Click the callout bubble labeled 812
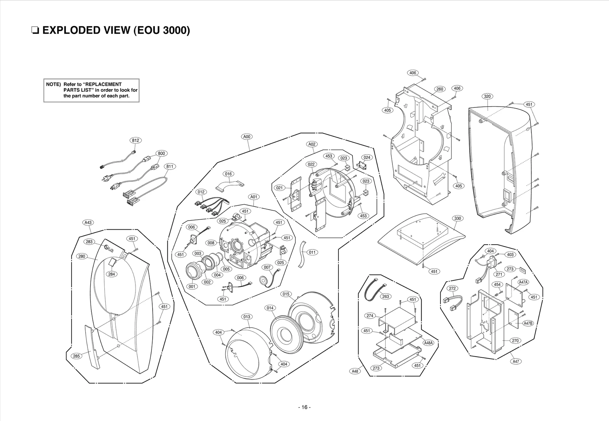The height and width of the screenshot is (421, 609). pyautogui.click(x=135, y=140)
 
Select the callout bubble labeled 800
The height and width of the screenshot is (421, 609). pyautogui.click(x=161, y=154)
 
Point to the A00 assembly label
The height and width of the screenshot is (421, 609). pyautogui.click(x=247, y=136)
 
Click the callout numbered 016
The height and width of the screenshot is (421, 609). pyautogui.click(x=228, y=174)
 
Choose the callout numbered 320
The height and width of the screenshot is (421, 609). pyautogui.click(x=487, y=96)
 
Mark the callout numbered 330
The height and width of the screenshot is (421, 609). pyautogui.click(x=458, y=218)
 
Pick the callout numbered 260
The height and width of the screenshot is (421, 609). pyautogui.click(x=440, y=89)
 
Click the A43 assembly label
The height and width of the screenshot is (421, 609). pyautogui.click(x=88, y=223)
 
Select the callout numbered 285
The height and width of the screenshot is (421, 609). pyautogui.click(x=77, y=356)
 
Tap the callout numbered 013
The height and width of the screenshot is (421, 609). pyautogui.click(x=247, y=317)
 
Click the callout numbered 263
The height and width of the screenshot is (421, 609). pyautogui.click(x=385, y=296)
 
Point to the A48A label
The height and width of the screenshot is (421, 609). pyautogui.click(x=429, y=343)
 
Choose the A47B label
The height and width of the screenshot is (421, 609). pyautogui.click(x=528, y=323)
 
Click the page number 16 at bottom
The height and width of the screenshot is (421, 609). pyautogui.click(x=304, y=407)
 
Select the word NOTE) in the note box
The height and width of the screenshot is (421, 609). pyautogui.click(x=53, y=84)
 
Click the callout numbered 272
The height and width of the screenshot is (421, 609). pyautogui.click(x=453, y=288)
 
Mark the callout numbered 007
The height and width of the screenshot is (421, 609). pyautogui.click(x=267, y=267)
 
